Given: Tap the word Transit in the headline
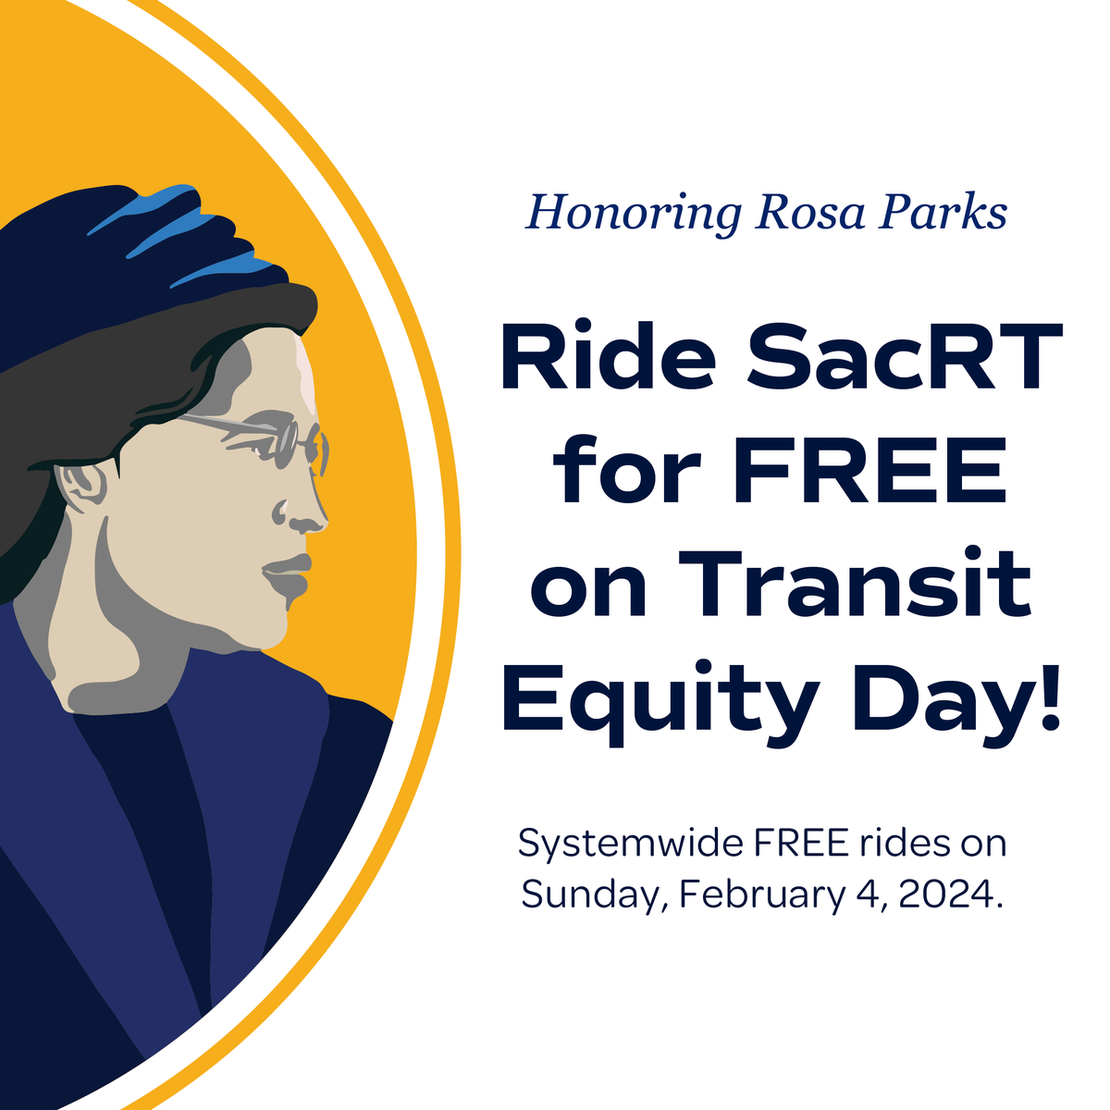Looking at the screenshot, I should pos(861,585).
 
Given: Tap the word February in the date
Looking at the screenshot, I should pos(760,894).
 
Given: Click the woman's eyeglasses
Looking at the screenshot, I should pos(277,440).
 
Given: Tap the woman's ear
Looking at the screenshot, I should pos(82,485).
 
